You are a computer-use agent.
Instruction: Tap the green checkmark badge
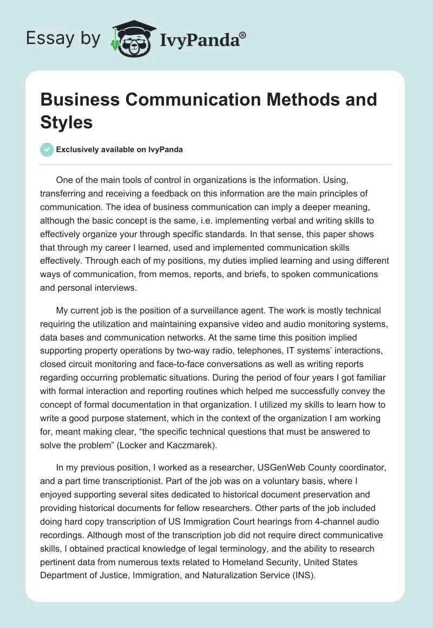tap(47, 149)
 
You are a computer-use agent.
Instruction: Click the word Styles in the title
tap(67, 122)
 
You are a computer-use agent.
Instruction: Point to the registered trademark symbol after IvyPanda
tap(243, 34)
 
